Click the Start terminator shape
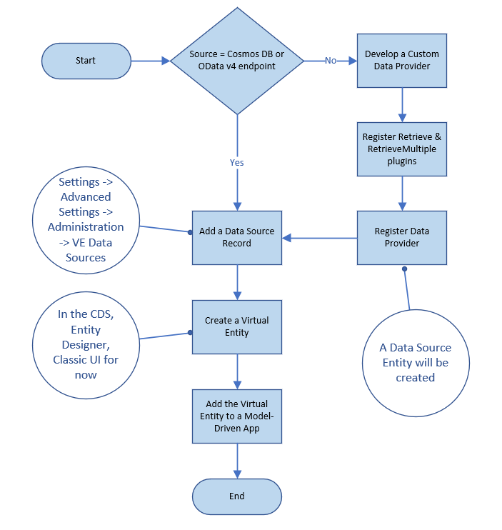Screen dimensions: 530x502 [86, 61]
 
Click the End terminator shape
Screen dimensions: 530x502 [237, 496]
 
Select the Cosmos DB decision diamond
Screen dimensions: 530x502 [236, 61]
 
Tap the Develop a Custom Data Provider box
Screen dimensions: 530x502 [402, 61]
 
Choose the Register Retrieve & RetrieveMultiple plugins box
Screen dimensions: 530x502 [402, 149]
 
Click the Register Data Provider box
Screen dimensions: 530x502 [402, 237]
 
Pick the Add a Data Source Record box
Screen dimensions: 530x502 [237, 237]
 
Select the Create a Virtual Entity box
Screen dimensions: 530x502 [237, 326]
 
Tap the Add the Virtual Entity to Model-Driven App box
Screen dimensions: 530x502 [237, 416]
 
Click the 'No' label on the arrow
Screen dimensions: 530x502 [331, 61]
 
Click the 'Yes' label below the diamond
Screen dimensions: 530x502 [236, 162]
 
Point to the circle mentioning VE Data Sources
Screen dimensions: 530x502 [86, 219]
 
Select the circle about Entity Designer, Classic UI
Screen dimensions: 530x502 [86, 344]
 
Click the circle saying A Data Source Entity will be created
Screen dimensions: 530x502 [415, 362]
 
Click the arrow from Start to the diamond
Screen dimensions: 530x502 [150, 61]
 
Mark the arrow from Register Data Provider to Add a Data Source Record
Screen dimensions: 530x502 [321, 238]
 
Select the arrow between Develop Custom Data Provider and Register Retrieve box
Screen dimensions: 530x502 [402, 104]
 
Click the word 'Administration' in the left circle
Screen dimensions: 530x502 [86, 227]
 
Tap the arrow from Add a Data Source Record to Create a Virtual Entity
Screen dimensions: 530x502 [237, 282]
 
